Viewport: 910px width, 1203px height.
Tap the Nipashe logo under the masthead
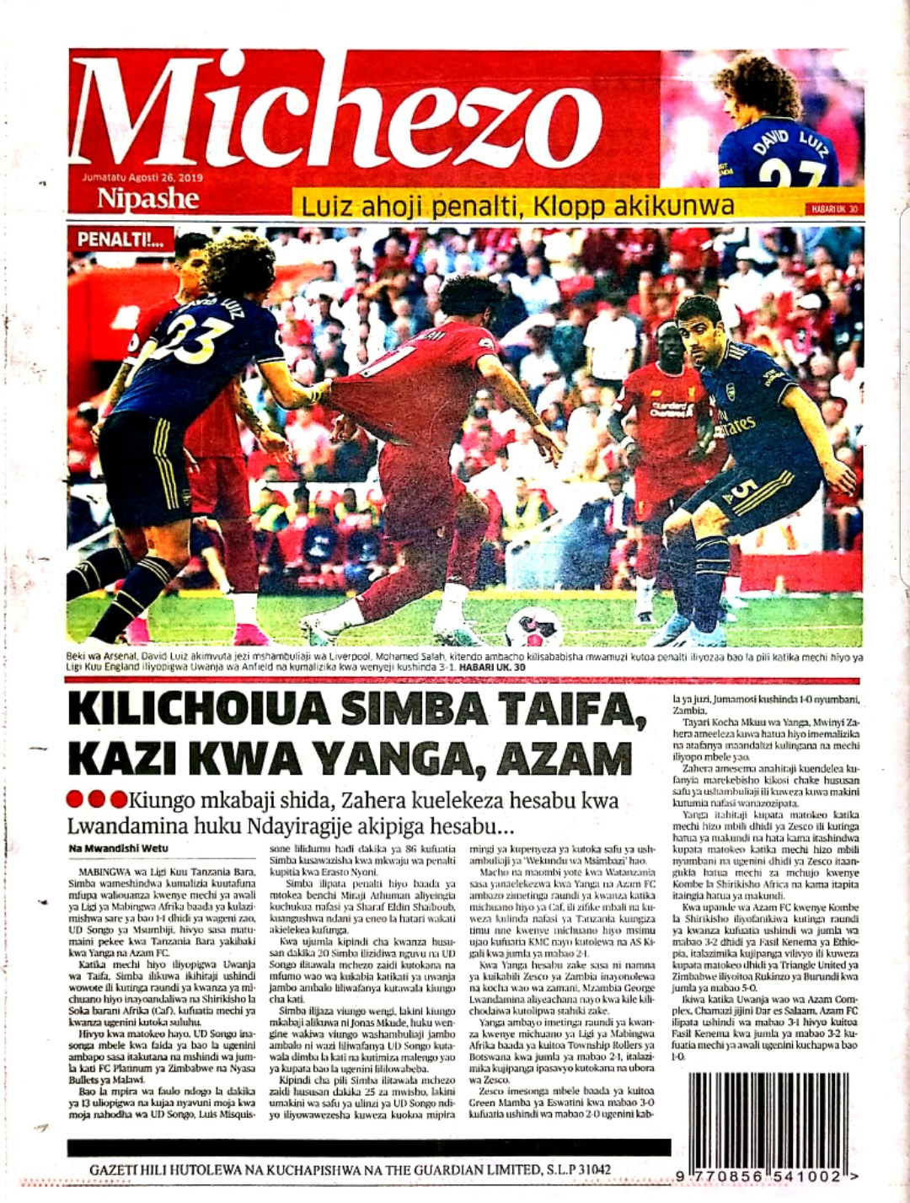tap(147, 199)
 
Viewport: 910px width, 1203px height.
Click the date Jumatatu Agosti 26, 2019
tap(142, 178)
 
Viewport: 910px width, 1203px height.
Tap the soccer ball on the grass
tap(534, 627)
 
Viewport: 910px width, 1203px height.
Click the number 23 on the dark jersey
tap(199, 337)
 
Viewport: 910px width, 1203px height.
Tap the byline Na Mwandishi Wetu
tap(117, 847)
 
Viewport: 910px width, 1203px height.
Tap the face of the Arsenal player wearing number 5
tap(701, 330)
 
